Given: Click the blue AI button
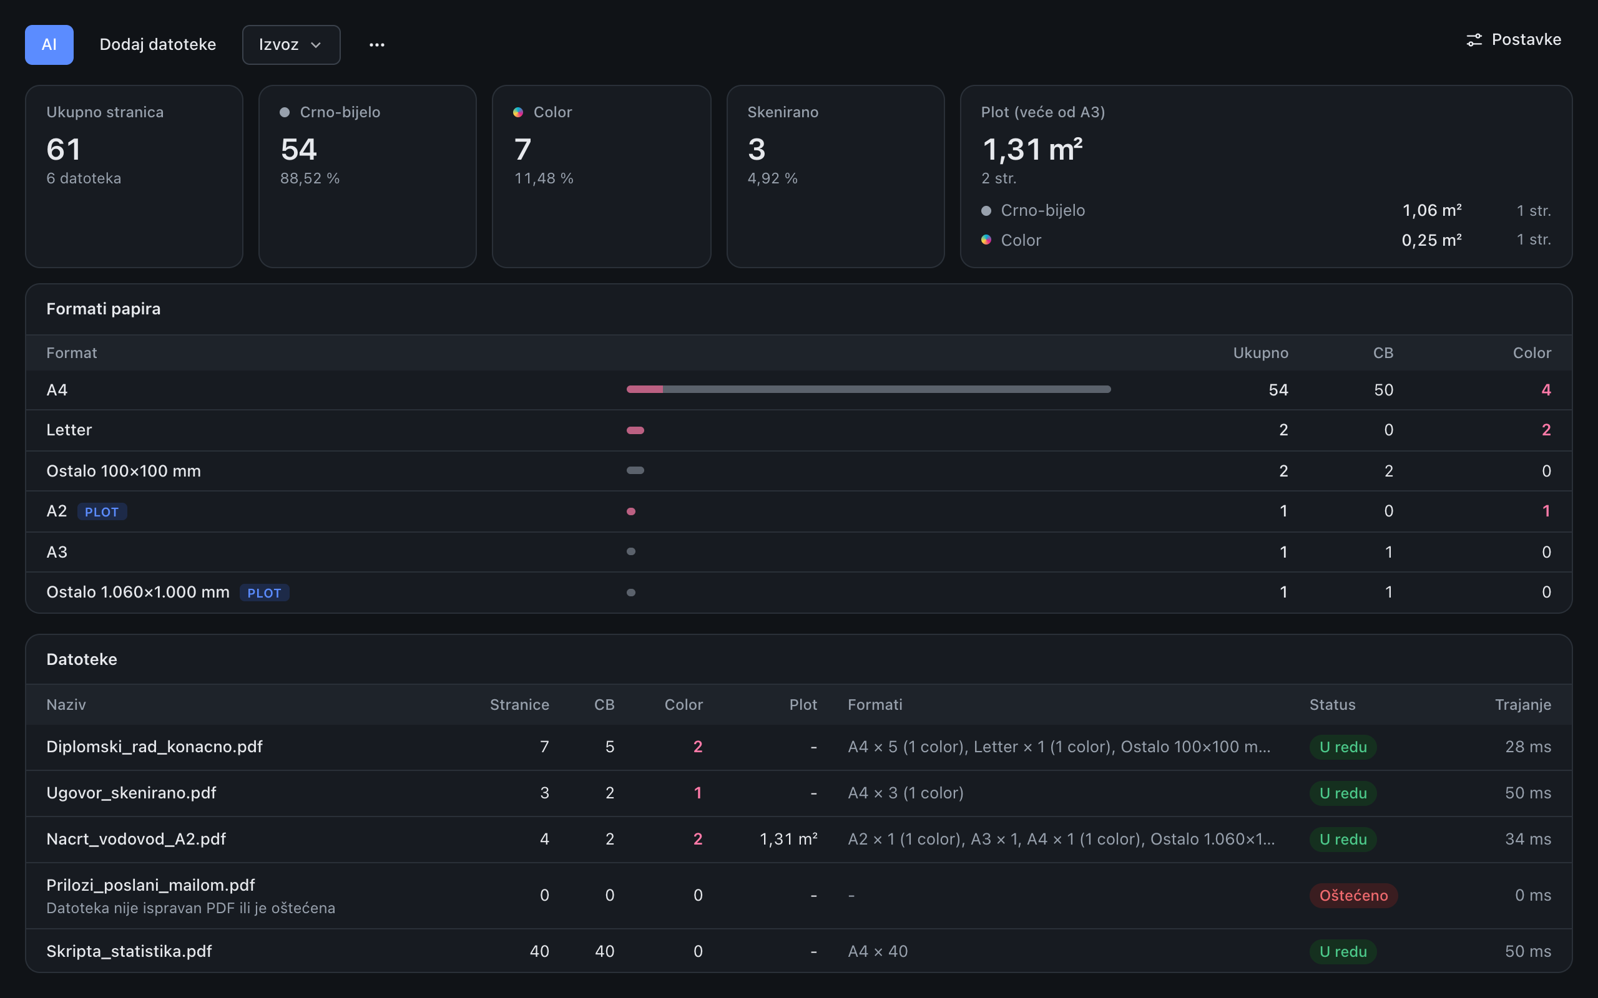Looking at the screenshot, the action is click(x=49, y=44).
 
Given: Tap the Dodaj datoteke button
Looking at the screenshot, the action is click(x=158, y=44).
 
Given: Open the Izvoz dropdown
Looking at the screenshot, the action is click(x=292, y=44).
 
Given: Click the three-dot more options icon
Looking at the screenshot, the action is click(x=377, y=45).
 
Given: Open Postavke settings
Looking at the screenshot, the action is click(x=1514, y=39).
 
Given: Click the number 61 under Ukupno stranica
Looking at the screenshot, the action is click(x=64, y=149).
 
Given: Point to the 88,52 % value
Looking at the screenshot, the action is click(x=310, y=178).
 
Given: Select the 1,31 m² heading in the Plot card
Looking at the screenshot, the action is click(x=1032, y=149).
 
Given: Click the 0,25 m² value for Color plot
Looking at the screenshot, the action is click(x=1431, y=240).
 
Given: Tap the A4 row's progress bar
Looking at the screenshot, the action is click(x=868, y=389).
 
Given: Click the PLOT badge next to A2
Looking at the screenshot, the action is click(x=102, y=511).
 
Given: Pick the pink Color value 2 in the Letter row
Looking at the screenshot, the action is click(x=1546, y=430).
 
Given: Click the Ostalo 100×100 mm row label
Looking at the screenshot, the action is click(x=124, y=470).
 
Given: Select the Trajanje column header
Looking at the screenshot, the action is click(x=1522, y=705).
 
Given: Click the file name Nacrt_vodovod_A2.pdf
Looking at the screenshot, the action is click(x=136, y=839).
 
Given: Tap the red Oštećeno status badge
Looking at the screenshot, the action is click(x=1354, y=895).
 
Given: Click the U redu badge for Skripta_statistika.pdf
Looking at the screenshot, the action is click(x=1343, y=951).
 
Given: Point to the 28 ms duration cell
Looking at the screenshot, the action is click(x=1528, y=747).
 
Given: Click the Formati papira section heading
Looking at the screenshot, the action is click(x=104, y=309).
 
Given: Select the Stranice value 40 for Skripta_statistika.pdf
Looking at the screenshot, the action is click(x=539, y=951).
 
